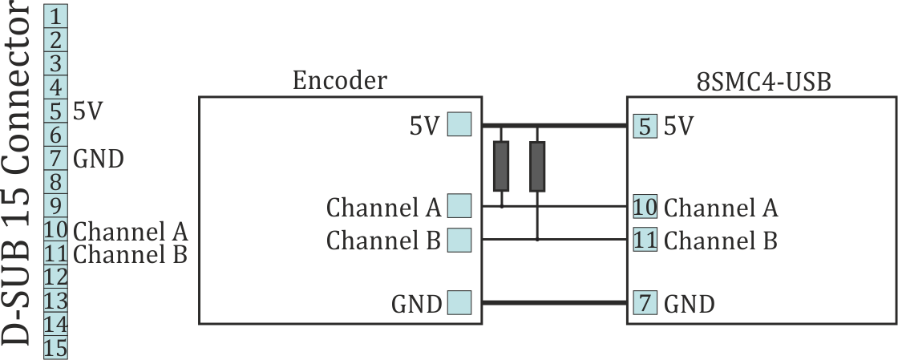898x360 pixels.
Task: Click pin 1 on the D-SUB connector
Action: tap(56, 15)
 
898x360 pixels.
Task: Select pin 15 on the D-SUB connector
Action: tap(56, 349)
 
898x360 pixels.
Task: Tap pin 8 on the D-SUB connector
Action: tap(56, 182)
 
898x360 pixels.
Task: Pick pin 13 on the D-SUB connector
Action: tap(56, 301)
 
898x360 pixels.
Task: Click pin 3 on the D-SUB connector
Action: tap(56, 63)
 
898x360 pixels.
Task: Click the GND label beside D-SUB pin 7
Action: tap(98, 159)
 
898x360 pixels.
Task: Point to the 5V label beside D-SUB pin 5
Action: tap(87, 111)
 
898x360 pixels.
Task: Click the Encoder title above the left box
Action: tap(339, 80)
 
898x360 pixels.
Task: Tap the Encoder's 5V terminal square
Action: tap(459, 125)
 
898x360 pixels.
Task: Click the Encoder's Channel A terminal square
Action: tap(459, 207)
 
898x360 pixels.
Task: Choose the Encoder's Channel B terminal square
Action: tap(459, 240)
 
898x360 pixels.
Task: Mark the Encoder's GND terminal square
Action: tap(459, 303)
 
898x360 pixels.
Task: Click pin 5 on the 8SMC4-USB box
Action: tap(645, 126)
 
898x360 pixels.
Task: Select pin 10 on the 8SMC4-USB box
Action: tap(645, 207)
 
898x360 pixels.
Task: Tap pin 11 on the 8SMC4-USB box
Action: tap(645, 240)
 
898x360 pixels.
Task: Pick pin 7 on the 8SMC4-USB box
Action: tap(645, 303)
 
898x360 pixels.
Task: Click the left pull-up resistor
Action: tap(501, 166)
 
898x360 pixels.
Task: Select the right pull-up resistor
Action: tap(537, 166)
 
